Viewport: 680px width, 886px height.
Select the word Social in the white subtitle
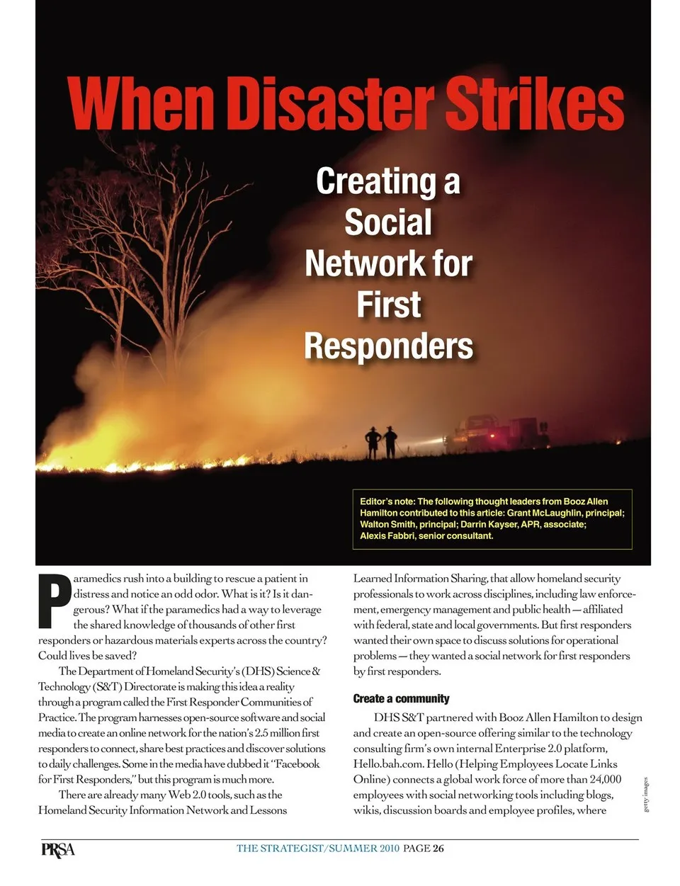[387, 222]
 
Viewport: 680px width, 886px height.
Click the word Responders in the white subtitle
[388, 346]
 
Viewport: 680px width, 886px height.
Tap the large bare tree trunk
[170, 312]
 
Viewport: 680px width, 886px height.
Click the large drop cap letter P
[54, 601]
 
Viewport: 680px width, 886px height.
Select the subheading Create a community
[401, 699]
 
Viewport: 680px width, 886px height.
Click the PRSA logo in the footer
[57, 848]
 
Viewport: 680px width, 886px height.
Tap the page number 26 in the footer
[438, 848]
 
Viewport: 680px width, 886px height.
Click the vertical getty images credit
[645, 794]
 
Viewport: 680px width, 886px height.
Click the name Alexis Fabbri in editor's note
[387, 536]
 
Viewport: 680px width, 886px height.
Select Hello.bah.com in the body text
[389, 763]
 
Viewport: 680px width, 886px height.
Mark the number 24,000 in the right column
[601, 779]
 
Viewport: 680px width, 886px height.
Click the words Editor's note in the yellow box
[387, 501]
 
